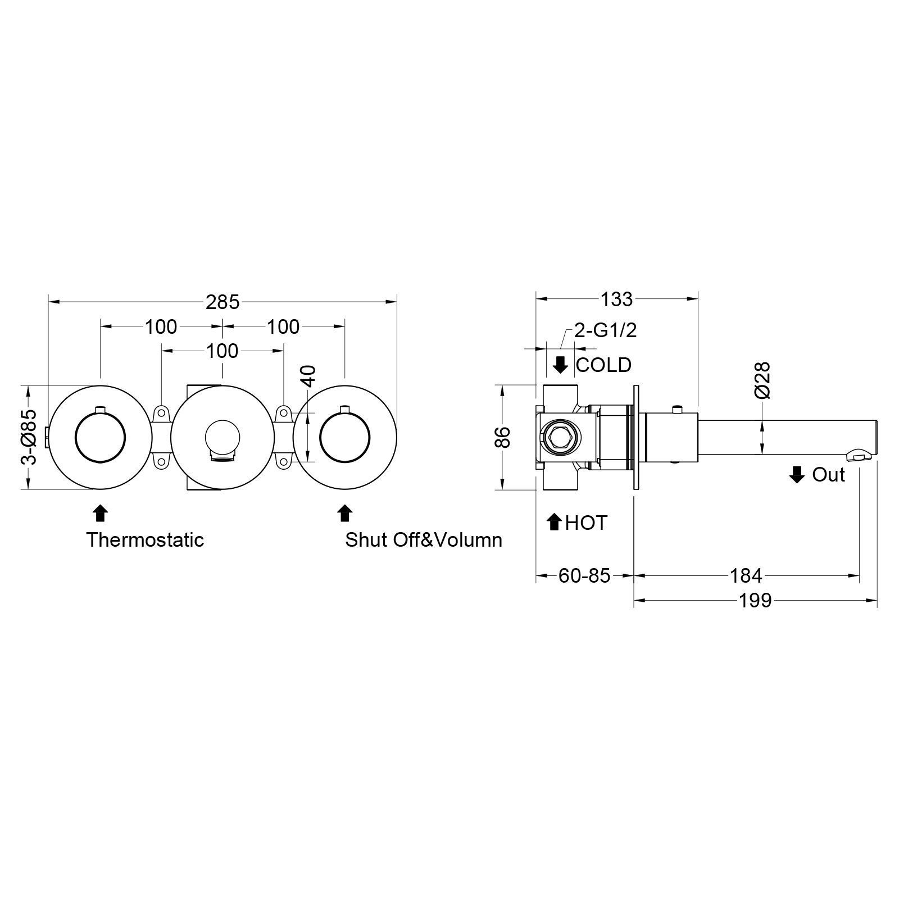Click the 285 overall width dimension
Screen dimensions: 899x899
click(223, 302)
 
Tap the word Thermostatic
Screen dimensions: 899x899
click(145, 540)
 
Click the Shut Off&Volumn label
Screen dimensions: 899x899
click(424, 540)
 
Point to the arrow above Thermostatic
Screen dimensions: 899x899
click(100, 513)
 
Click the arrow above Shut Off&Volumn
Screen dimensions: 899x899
click(344, 513)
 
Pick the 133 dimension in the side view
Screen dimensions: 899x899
click(616, 299)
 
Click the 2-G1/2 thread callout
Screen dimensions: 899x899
click(606, 330)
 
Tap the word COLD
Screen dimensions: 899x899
click(604, 365)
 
